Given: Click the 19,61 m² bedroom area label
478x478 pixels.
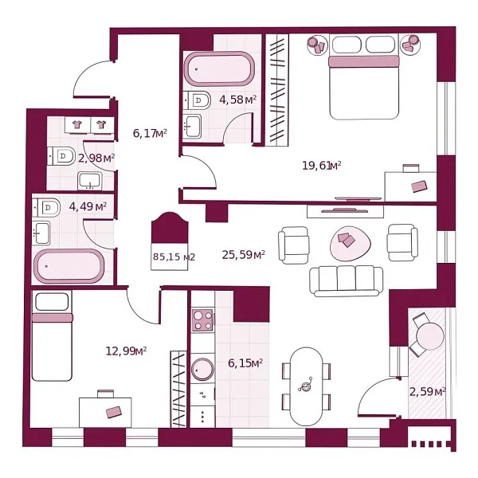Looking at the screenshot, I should [322, 166].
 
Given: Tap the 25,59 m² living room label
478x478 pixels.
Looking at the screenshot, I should [243, 256].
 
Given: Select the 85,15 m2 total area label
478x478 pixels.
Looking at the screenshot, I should [174, 257].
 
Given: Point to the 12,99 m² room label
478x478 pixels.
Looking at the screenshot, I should [126, 351].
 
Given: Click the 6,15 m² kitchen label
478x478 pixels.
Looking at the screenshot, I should [245, 363].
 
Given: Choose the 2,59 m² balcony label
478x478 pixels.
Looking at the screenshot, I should [427, 391].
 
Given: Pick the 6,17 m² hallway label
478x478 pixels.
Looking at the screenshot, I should [149, 134].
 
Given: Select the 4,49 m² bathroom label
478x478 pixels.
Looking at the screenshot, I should [88, 206].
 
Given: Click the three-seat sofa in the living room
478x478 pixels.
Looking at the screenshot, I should [346, 278].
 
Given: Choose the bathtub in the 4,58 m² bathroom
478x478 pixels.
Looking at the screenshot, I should [218, 69].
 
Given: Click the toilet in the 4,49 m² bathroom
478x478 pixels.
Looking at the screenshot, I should [50, 207].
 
